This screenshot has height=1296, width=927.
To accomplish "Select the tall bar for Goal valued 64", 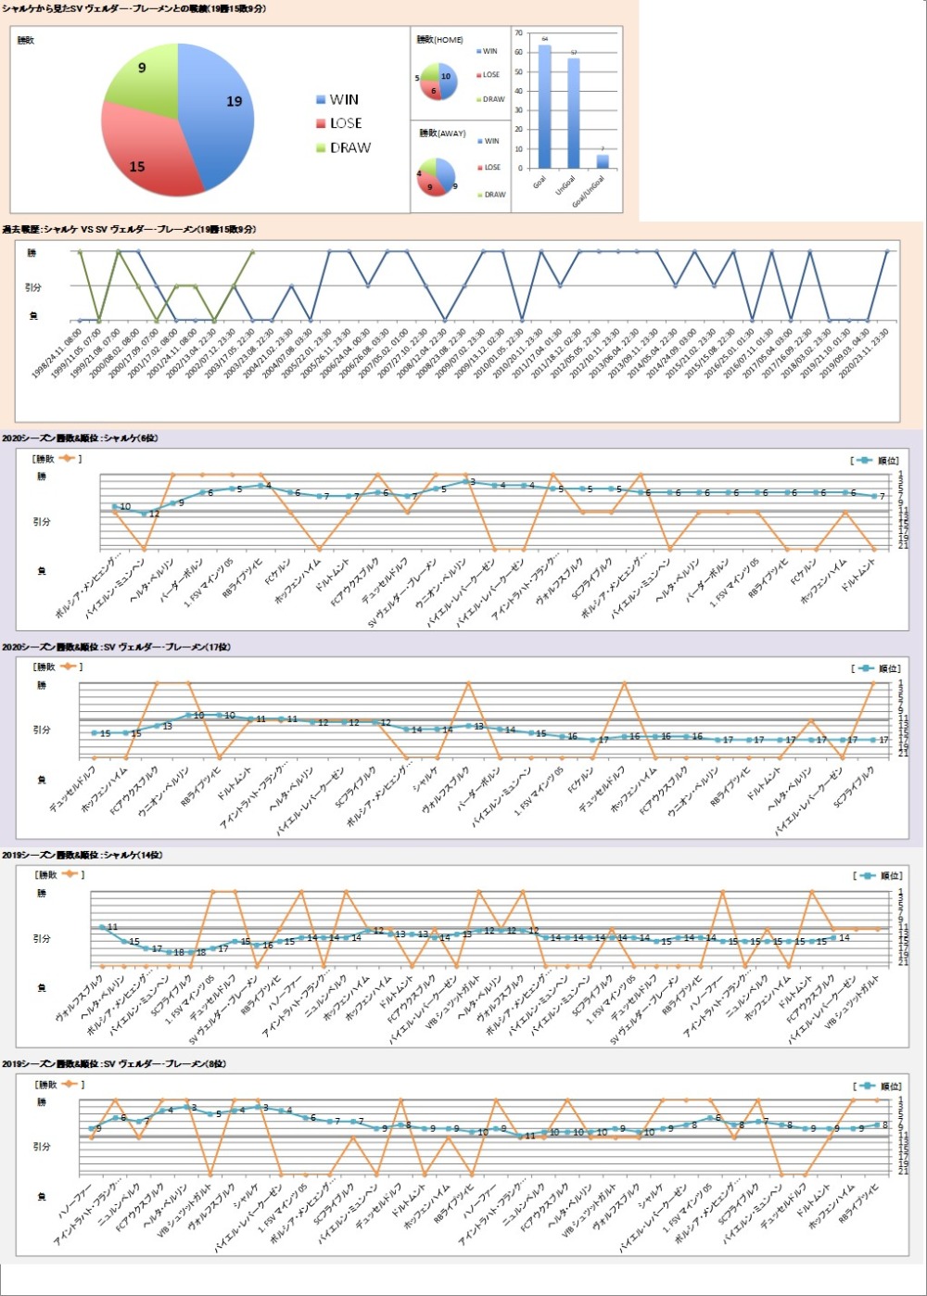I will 544,107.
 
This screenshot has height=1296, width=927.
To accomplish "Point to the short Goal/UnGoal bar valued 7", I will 603,161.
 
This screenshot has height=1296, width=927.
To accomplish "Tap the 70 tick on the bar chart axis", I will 518,33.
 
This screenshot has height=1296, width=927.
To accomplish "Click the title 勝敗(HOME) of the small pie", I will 439,40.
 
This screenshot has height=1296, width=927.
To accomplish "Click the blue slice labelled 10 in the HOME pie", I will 446,78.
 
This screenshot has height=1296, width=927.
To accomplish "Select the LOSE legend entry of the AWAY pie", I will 491,168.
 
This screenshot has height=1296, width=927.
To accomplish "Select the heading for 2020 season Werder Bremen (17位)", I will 116,647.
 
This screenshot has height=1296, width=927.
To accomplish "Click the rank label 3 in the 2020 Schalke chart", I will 472,482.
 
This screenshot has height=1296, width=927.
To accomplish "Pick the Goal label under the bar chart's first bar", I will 540,182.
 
